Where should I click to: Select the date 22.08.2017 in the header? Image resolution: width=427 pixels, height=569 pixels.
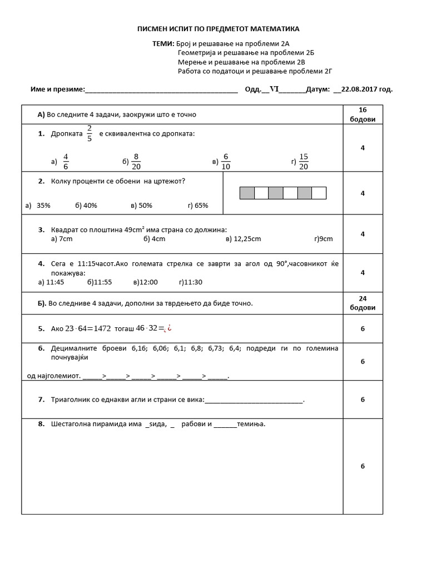[367, 89]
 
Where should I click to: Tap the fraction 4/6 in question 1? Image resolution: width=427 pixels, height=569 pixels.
[66, 161]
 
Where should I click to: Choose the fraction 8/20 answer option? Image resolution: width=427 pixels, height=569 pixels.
[136, 161]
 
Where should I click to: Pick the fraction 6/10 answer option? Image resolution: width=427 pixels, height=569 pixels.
[225, 161]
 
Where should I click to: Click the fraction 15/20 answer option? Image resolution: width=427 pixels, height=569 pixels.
[304, 161]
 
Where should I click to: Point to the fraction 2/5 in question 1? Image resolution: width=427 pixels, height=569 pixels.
[90, 134]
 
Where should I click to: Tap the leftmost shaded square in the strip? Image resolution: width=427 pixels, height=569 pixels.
[247, 193]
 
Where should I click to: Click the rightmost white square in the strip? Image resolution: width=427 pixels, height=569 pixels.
[319, 193]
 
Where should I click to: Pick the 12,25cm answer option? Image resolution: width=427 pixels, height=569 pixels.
[244, 238]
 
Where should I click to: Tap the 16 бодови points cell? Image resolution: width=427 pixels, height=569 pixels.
[363, 115]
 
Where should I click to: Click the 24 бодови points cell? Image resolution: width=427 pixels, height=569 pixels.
[363, 303]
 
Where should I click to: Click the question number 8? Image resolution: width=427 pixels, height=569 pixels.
[41, 424]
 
